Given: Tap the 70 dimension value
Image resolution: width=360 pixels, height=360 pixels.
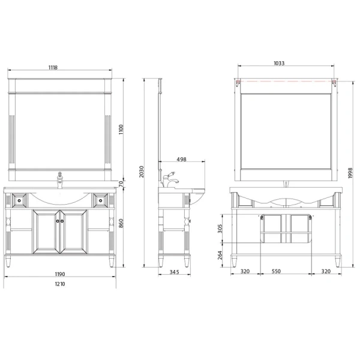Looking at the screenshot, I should (x=121, y=183).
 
